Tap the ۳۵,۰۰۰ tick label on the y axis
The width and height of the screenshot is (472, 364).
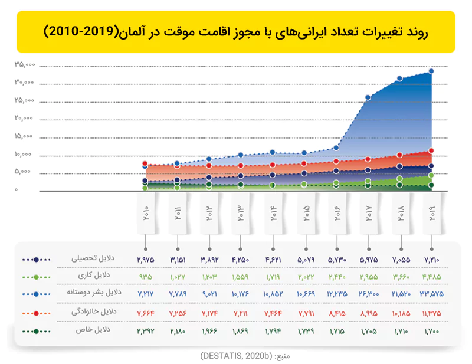pos(25,64)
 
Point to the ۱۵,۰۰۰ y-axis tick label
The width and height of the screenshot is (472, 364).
pos(25,136)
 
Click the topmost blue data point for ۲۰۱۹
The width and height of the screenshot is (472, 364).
pos(431,71)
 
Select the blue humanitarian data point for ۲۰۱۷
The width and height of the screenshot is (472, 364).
pos(368,97)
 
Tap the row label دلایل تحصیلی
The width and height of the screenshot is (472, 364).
pos(91,258)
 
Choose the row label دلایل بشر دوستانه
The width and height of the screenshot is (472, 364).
pos(91,293)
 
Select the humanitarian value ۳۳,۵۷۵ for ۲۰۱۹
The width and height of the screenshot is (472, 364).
pos(431,293)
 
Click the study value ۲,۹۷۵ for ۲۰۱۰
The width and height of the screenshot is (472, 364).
pos(145,260)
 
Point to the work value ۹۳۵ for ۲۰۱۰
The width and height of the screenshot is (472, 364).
pos(145,276)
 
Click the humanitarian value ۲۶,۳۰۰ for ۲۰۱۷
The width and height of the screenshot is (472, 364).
pos(368,293)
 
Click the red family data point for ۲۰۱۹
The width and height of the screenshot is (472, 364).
pos(431,151)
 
